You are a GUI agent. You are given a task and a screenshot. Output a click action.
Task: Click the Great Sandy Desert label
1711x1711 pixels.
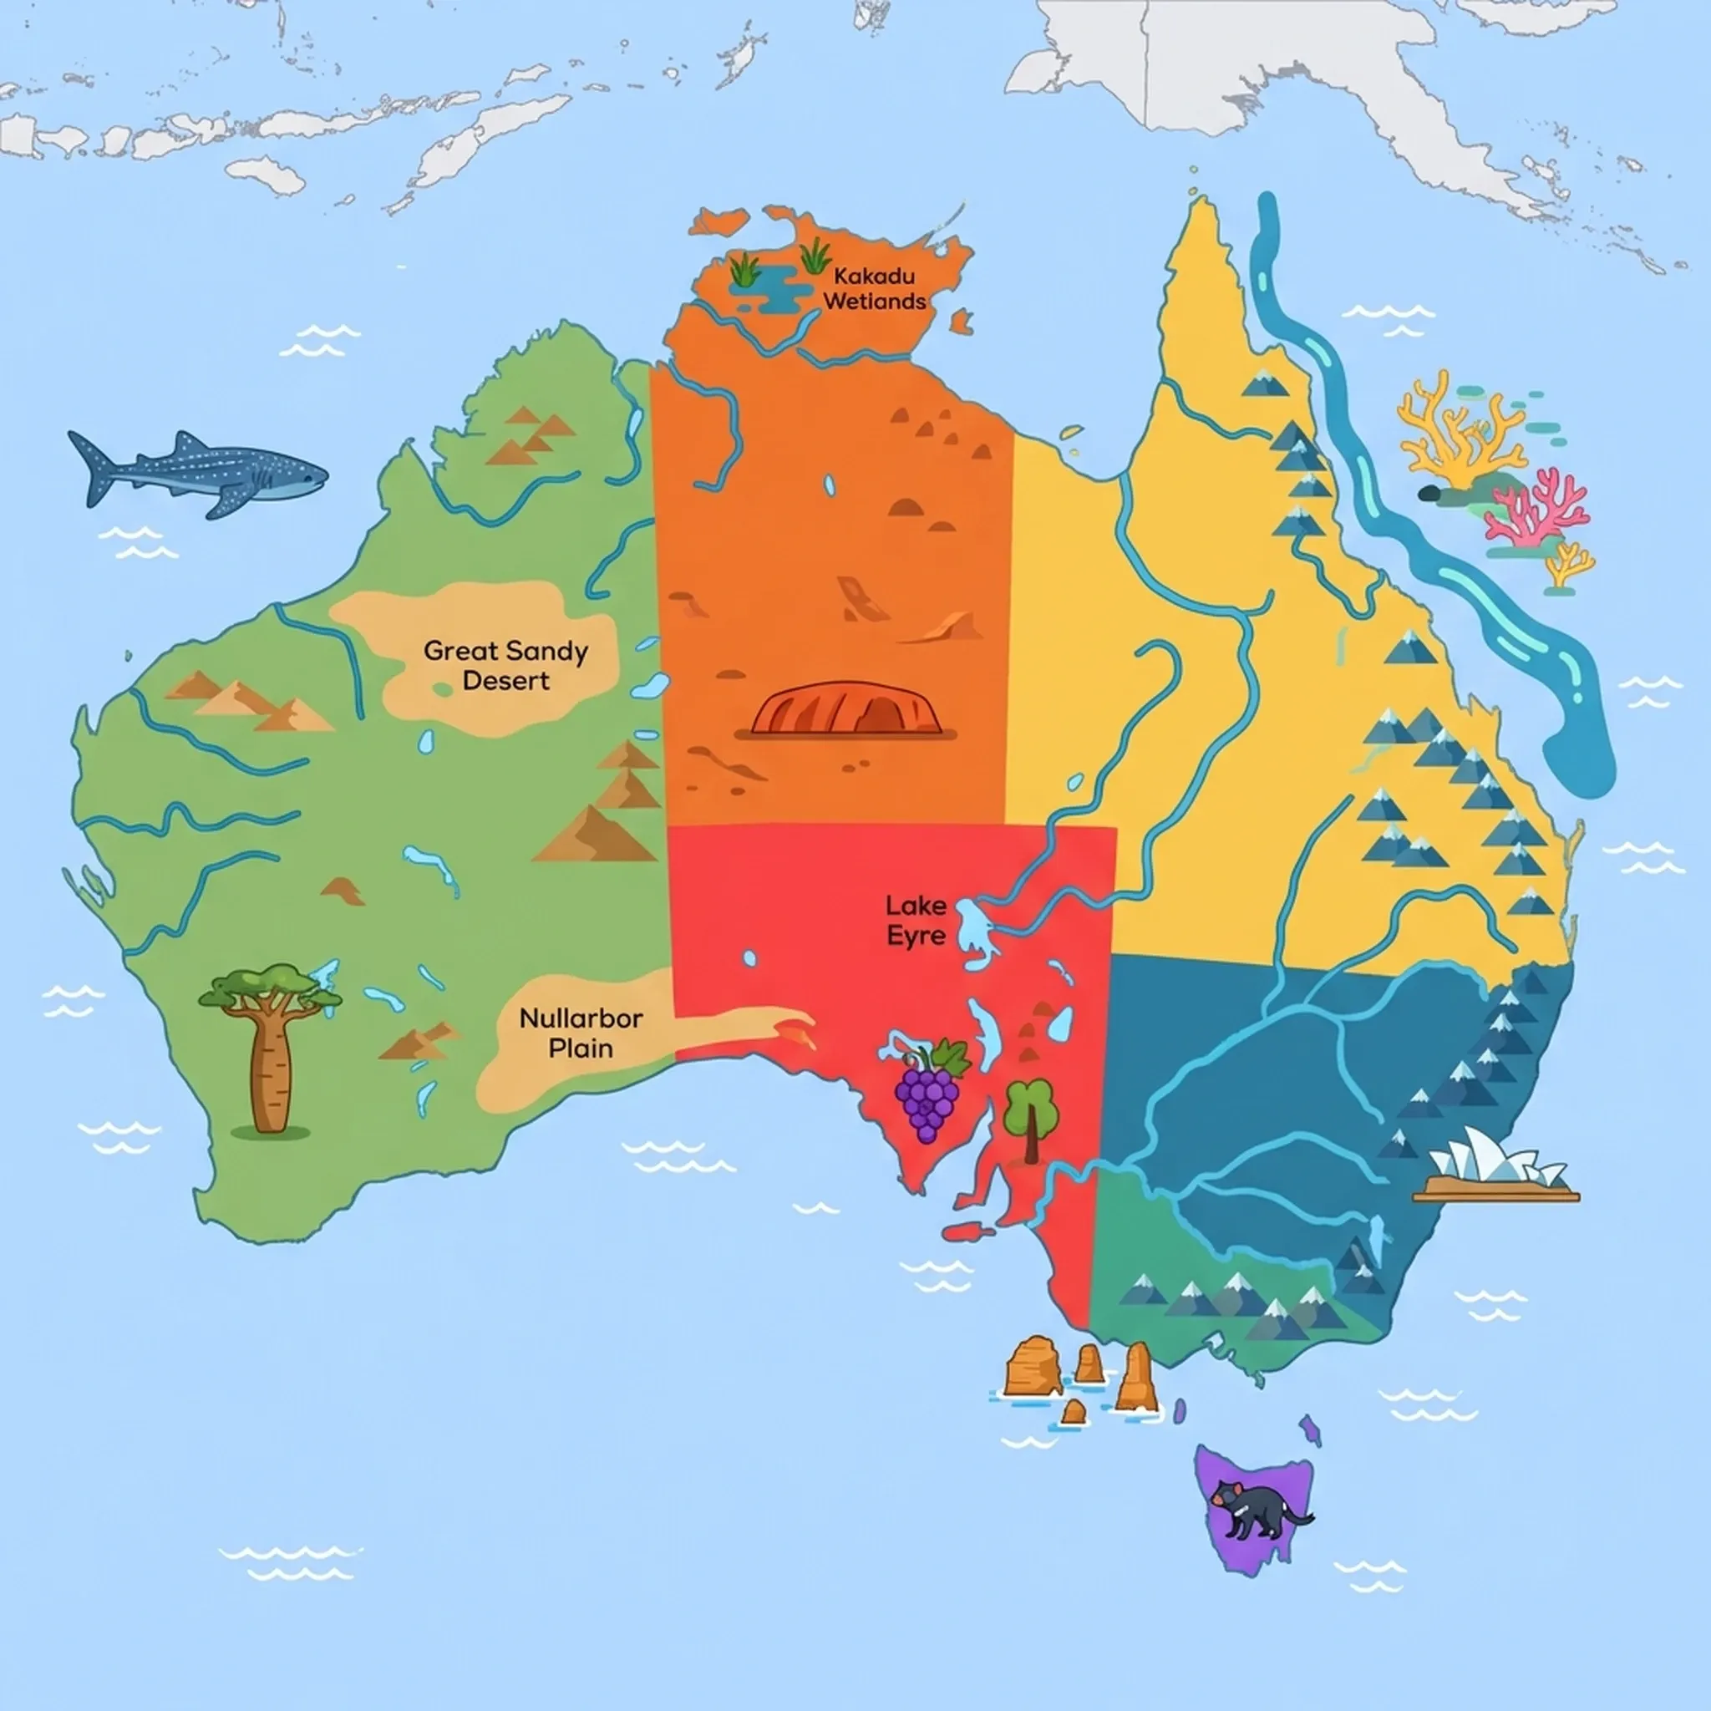point(505,665)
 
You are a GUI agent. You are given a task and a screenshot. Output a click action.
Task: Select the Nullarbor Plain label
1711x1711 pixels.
point(580,1033)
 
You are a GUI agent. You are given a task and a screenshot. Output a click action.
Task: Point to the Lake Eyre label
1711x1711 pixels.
point(916,920)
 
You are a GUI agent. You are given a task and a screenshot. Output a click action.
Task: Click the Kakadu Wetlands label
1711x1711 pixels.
point(874,289)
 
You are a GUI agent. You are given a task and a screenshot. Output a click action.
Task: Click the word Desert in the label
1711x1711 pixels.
point(505,681)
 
